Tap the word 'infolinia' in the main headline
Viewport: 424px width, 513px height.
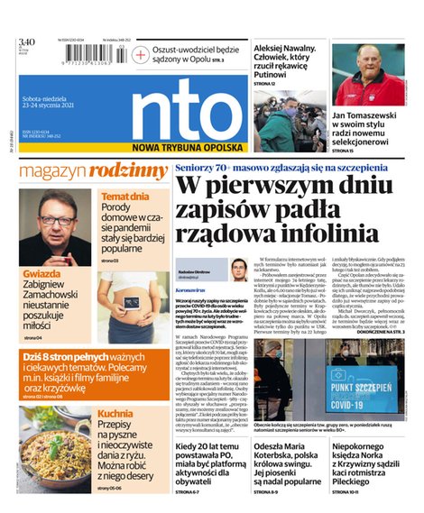(324, 232)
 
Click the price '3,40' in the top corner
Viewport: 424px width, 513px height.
(26, 41)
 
